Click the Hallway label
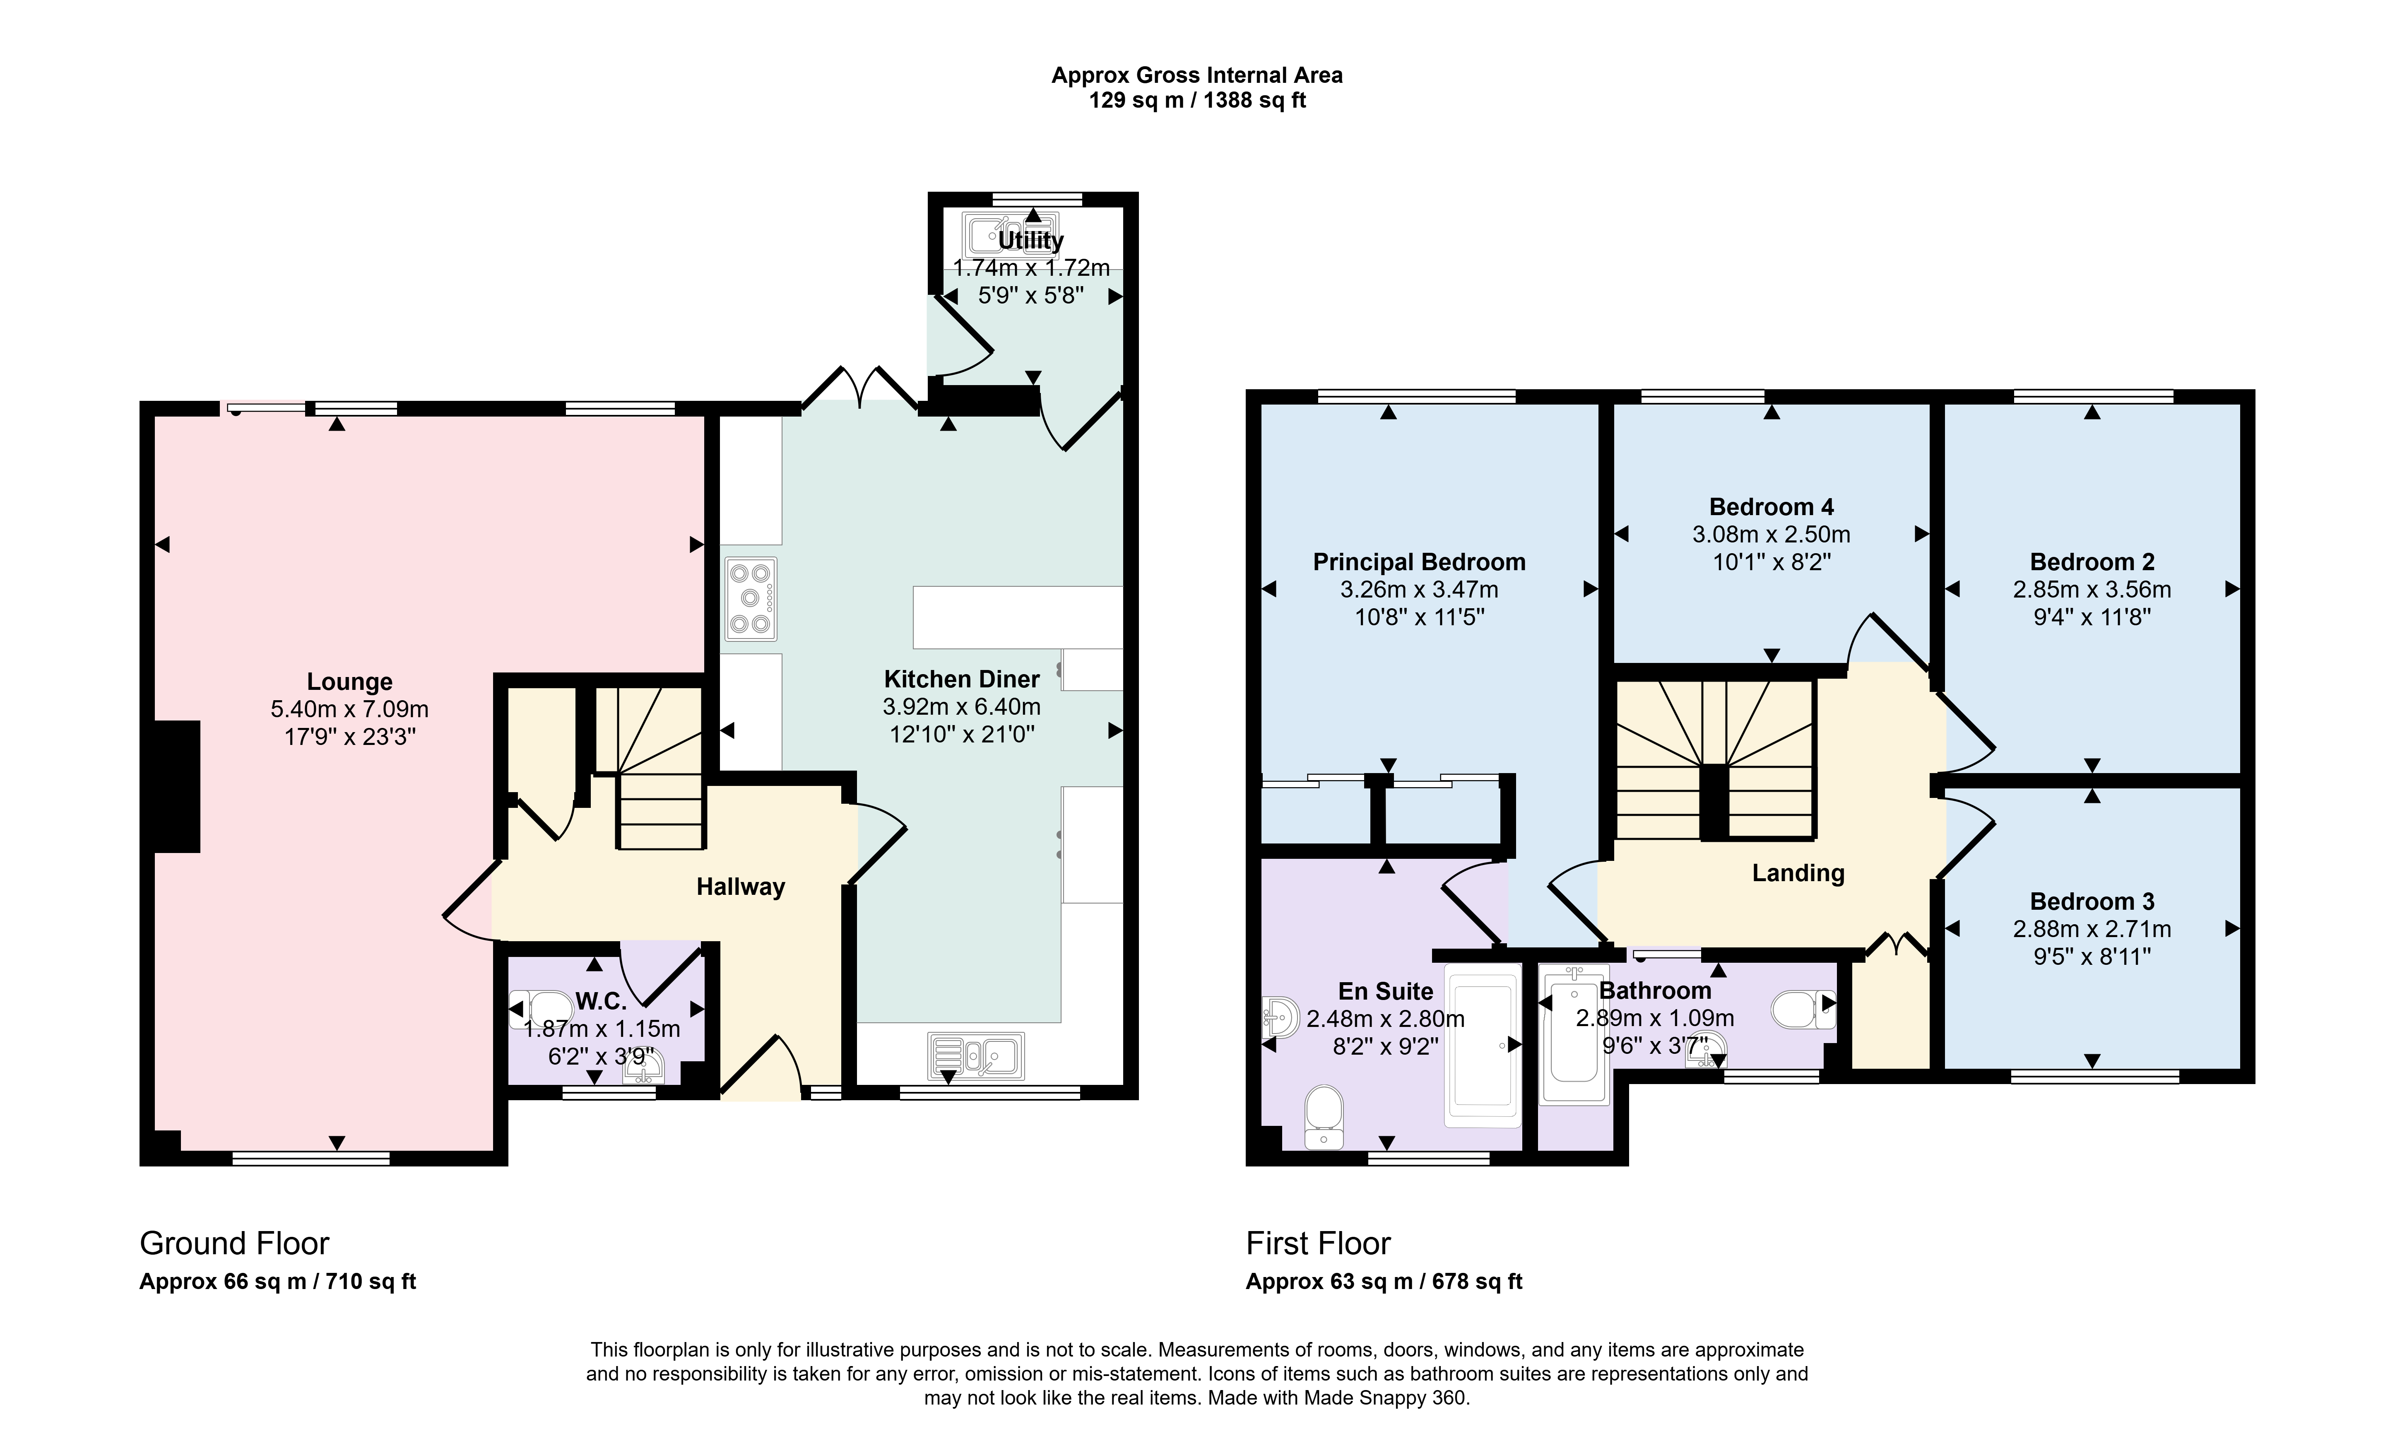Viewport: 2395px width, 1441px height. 741,887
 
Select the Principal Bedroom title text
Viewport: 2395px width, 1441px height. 1419,562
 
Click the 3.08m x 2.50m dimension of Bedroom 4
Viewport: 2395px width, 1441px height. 1772,534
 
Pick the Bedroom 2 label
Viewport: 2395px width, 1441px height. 2092,562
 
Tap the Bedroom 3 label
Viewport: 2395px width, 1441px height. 2092,901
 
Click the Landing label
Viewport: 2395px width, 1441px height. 1798,873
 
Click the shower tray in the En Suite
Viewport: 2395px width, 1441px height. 1483,1045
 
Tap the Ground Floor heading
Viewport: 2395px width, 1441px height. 235,1244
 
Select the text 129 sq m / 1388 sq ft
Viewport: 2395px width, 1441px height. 1197,100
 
